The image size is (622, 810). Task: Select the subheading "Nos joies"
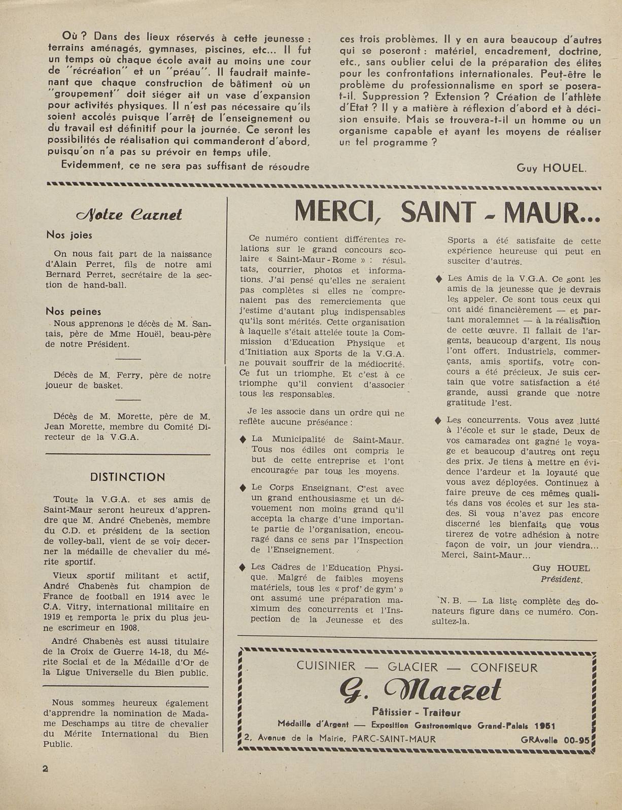(69, 235)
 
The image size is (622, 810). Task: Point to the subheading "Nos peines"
(74, 311)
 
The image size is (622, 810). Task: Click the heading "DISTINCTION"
(127, 477)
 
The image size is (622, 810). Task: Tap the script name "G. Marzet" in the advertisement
(420, 690)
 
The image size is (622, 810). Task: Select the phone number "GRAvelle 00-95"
(555, 740)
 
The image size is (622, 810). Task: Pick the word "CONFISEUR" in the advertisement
(504, 667)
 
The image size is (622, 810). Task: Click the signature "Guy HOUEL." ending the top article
(551, 168)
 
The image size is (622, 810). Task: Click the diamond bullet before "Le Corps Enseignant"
(243, 488)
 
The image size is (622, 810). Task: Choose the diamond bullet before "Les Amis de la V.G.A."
(438, 279)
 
